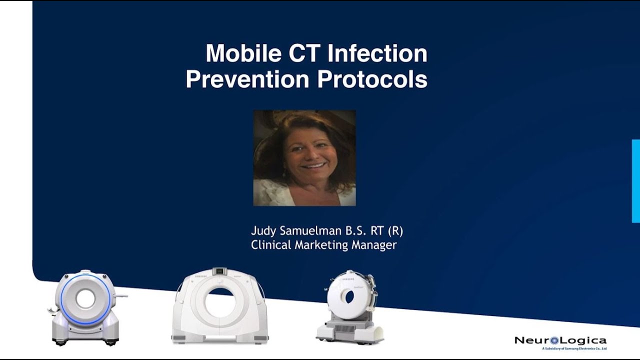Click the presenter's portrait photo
tap(304, 158)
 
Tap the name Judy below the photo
tap(262, 231)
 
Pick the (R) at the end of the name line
tap(394, 231)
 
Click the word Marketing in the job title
tap(321, 245)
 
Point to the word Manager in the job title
tap(374, 245)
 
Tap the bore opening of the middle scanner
tap(220, 302)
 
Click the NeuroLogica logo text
tap(560, 340)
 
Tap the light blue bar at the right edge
tap(635, 181)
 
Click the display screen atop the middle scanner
tap(218, 271)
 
